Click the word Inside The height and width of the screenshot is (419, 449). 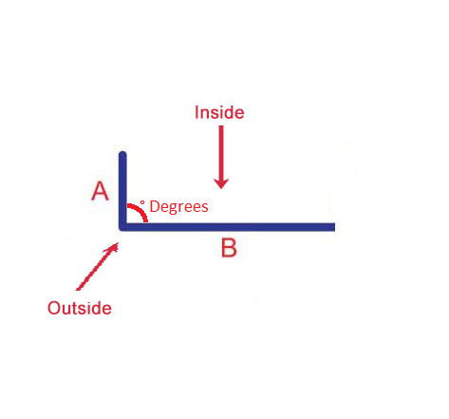(219, 112)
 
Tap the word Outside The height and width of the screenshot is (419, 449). (80, 308)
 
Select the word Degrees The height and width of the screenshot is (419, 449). (178, 207)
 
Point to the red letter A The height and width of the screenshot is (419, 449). (100, 191)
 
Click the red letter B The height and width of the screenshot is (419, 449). (229, 248)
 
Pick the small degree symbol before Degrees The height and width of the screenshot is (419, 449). (142, 202)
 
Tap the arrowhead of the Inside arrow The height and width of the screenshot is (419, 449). (221, 183)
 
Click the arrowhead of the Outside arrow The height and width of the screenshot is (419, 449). (113, 247)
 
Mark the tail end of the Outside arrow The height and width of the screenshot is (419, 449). (78, 289)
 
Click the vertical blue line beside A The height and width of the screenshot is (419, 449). (122, 191)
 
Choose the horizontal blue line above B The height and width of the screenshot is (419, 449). (227, 227)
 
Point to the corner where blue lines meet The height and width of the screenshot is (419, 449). (122, 227)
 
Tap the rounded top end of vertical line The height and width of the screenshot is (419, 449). (122, 154)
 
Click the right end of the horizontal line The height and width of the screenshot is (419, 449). (334, 227)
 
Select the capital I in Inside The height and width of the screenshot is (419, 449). (196, 112)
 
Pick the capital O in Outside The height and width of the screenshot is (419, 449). (54, 308)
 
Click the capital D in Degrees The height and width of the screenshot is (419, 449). (154, 206)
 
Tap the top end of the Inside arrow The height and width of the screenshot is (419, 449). (221, 126)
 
